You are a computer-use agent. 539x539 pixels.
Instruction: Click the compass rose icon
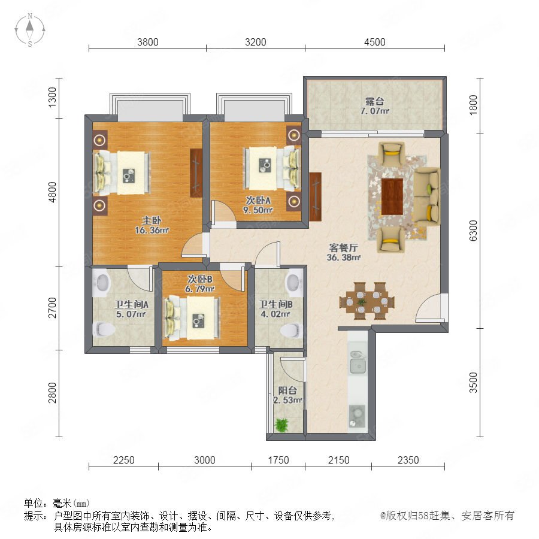point(30,30)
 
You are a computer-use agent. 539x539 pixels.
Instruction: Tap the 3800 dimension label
point(148,42)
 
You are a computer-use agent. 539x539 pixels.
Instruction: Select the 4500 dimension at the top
point(375,42)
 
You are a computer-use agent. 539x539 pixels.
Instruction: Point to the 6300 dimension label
point(473,231)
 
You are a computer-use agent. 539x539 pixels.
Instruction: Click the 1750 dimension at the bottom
point(278,460)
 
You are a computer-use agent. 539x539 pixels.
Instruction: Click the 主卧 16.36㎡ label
point(152,226)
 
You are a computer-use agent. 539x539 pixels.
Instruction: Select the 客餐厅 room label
point(343,252)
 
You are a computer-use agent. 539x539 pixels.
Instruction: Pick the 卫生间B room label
point(275,305)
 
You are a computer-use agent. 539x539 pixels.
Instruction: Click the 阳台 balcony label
point(287,390)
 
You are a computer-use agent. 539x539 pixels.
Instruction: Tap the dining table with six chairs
point(367,301)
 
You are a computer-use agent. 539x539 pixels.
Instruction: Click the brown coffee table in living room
point(392,196)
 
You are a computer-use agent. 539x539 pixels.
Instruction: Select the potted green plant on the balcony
point(282,425)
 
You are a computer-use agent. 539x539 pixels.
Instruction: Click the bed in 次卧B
point(192,319)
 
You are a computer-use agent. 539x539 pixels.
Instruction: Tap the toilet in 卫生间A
point(104,329)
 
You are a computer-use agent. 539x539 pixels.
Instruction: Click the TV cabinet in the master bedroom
point(196,173)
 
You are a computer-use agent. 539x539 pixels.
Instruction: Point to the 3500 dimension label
point(473,382)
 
